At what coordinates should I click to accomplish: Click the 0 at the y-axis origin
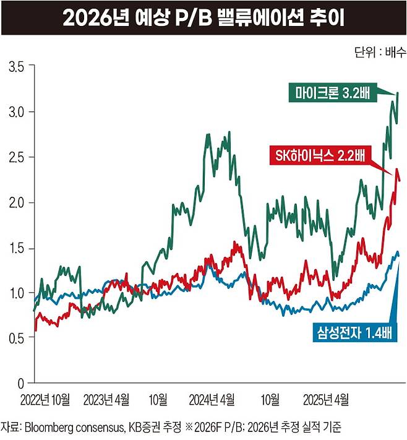(21, 383)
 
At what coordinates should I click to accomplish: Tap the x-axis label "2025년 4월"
(326, 397)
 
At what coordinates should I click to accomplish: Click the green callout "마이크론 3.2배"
(331, 93)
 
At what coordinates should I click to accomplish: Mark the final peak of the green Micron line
(398, 93)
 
